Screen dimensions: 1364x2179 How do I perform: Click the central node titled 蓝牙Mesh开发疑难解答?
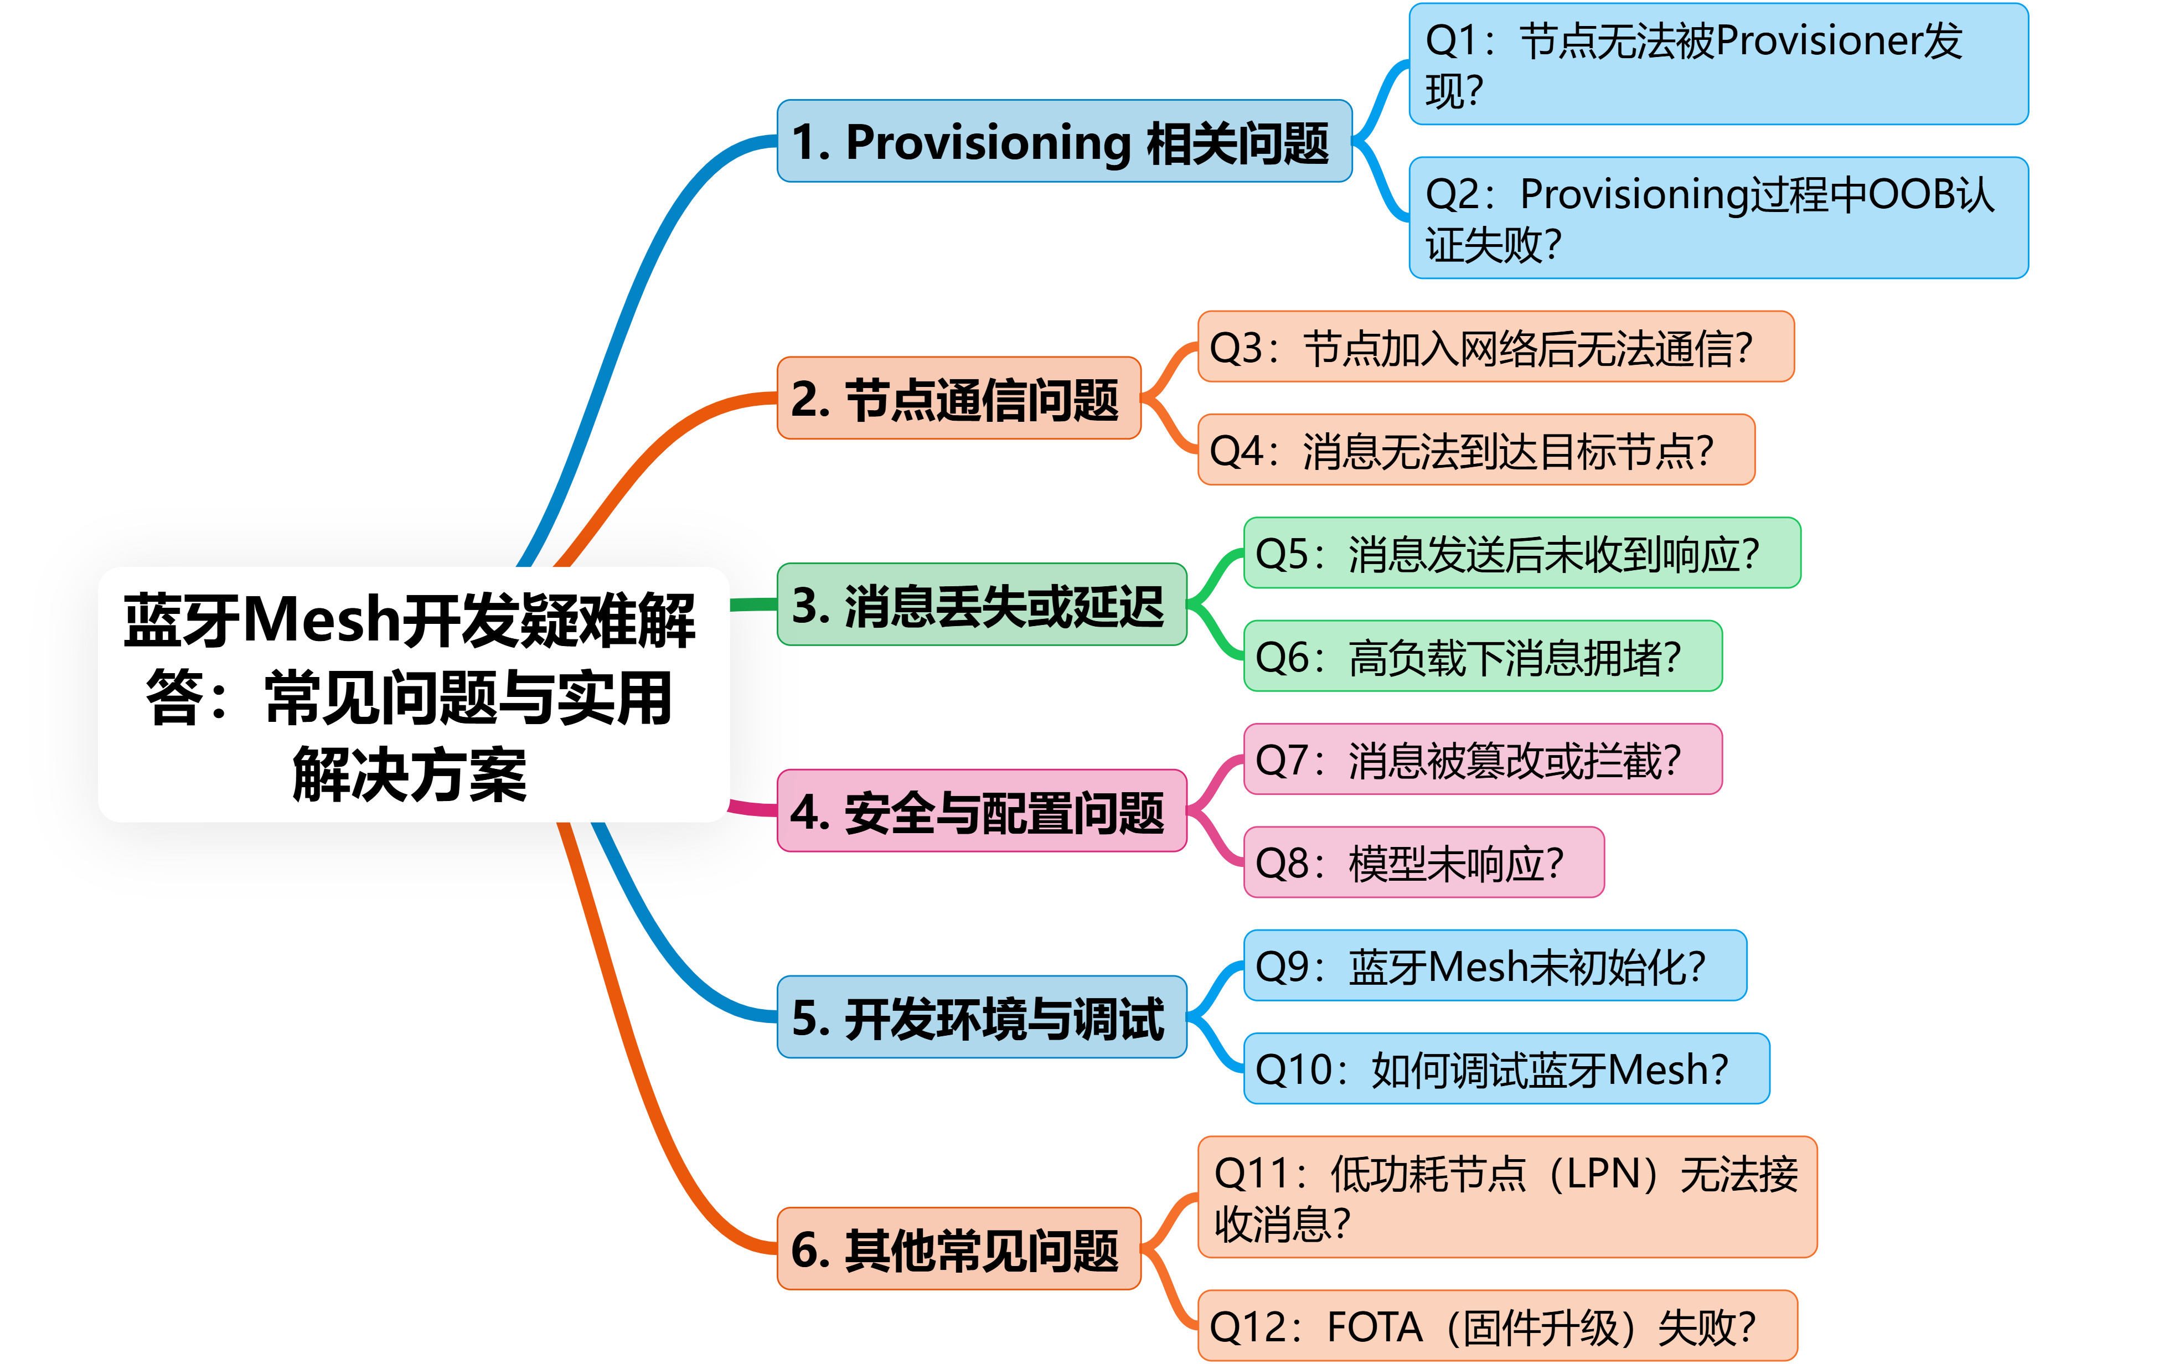pyautogui.click(x=413, y=695)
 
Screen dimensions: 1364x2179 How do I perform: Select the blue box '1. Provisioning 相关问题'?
pyautogui.click(x=1064, y=142)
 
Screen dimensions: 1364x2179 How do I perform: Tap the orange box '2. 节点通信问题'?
pyautogui.click(x=959, y=399)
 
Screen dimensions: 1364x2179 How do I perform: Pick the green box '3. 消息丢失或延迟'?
pyautogui.click(x=982, y=604)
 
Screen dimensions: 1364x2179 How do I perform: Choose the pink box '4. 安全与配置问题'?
pyautogui.click(x=982, y=811)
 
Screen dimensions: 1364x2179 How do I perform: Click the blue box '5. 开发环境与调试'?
pyautogui.click(x=982, y=1017)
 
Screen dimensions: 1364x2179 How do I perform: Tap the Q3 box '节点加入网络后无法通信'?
pyautogui.click(x=1495, y=347)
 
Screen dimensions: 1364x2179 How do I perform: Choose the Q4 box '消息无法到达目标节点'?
pyautogui.click(x=1475, y=450)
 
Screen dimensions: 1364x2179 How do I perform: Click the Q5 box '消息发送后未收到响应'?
pyautogui.click(x=1521, y=553)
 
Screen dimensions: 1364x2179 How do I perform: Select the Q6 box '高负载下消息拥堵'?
pyautogui.click(x=1482, y=656)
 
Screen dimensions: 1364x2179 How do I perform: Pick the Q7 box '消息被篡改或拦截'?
pyautogui.click(x=1482, y=759)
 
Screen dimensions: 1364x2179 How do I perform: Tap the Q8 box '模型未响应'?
pyautogui.click(x=1423, y=862)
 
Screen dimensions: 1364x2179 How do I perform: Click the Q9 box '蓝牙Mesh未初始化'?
pyautogui.click(x=1494, y=965)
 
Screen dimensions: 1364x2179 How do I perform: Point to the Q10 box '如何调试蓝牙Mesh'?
pyautogui.click(x=1506, y=1069)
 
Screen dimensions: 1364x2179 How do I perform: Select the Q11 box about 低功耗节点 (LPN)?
pyautogui.click(x=1506, y=1197)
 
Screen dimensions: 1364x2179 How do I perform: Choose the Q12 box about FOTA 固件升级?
pyautogui.click(x=1496, y=1326)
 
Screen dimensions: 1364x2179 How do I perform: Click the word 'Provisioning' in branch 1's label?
pyautogui.click(x=988, y=142)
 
